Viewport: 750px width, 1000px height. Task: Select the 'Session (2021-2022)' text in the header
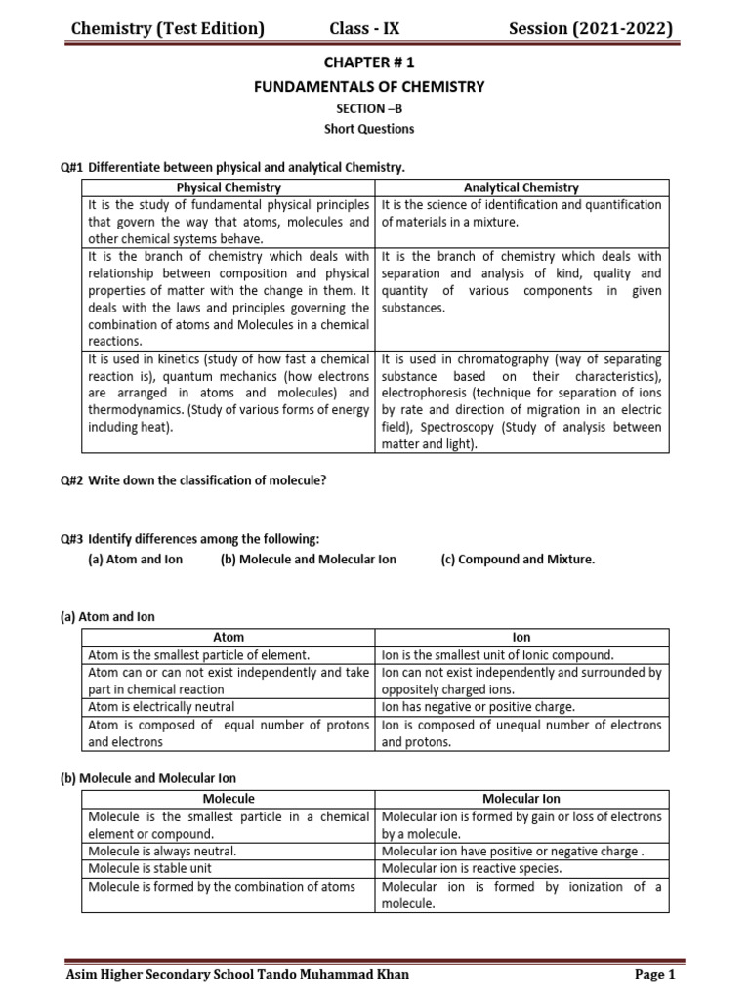pyautogui.click(x=591, y=29)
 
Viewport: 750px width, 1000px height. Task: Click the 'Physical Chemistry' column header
pyautogui.click(x=229, y=187)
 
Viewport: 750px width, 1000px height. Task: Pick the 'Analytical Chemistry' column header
pyautogui.click(x=522, y=187)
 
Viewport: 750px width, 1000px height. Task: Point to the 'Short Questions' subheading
pyautogui.click(x=369, y=129)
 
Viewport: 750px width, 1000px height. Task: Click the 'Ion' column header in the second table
pyautogui.click(x=522, y=637)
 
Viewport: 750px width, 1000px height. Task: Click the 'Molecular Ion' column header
pyautogui.click(x=522, y=798)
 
